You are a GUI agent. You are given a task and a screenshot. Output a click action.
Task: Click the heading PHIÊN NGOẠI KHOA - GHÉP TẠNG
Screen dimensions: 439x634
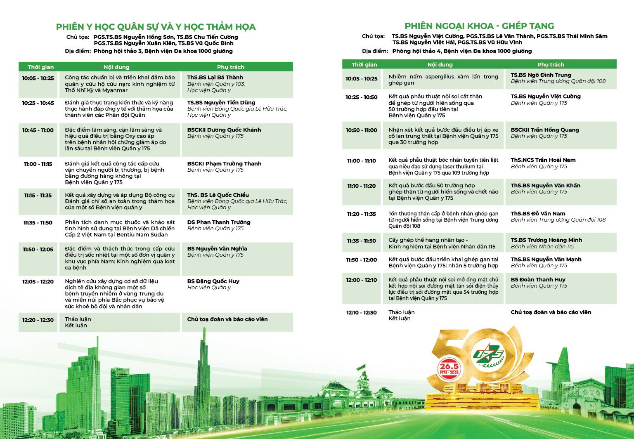pyautogui.click(x=479, y=26)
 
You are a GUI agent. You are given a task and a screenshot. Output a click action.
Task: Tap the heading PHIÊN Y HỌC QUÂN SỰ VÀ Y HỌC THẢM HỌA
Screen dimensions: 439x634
pyautogui.click(x=156, y=27)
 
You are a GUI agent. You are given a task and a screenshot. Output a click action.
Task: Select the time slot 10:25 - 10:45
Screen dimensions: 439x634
pyautogui.click(x=38, y=103)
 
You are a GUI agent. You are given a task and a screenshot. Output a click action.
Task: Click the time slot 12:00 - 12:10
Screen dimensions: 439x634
pyautogui.click(x=362, y=280)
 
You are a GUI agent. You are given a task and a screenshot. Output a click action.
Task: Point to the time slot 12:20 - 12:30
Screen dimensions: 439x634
pyautogui.click(x=38, y=320)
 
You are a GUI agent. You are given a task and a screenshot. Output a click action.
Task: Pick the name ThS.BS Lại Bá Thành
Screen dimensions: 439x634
pyautogui.click(x=215, y=77)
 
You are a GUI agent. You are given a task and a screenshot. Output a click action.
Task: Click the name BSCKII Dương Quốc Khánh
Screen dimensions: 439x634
pyautogui.click(x=224, y=130)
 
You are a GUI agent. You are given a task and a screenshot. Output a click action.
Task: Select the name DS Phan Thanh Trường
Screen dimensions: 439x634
pyautogui.click(x=219, y=222)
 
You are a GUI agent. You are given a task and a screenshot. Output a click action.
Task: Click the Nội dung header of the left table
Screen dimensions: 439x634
pyautogui.click(x=116, y=67)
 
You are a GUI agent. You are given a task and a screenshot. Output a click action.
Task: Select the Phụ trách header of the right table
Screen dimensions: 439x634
pyautogui.click(x=551, y=64)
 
